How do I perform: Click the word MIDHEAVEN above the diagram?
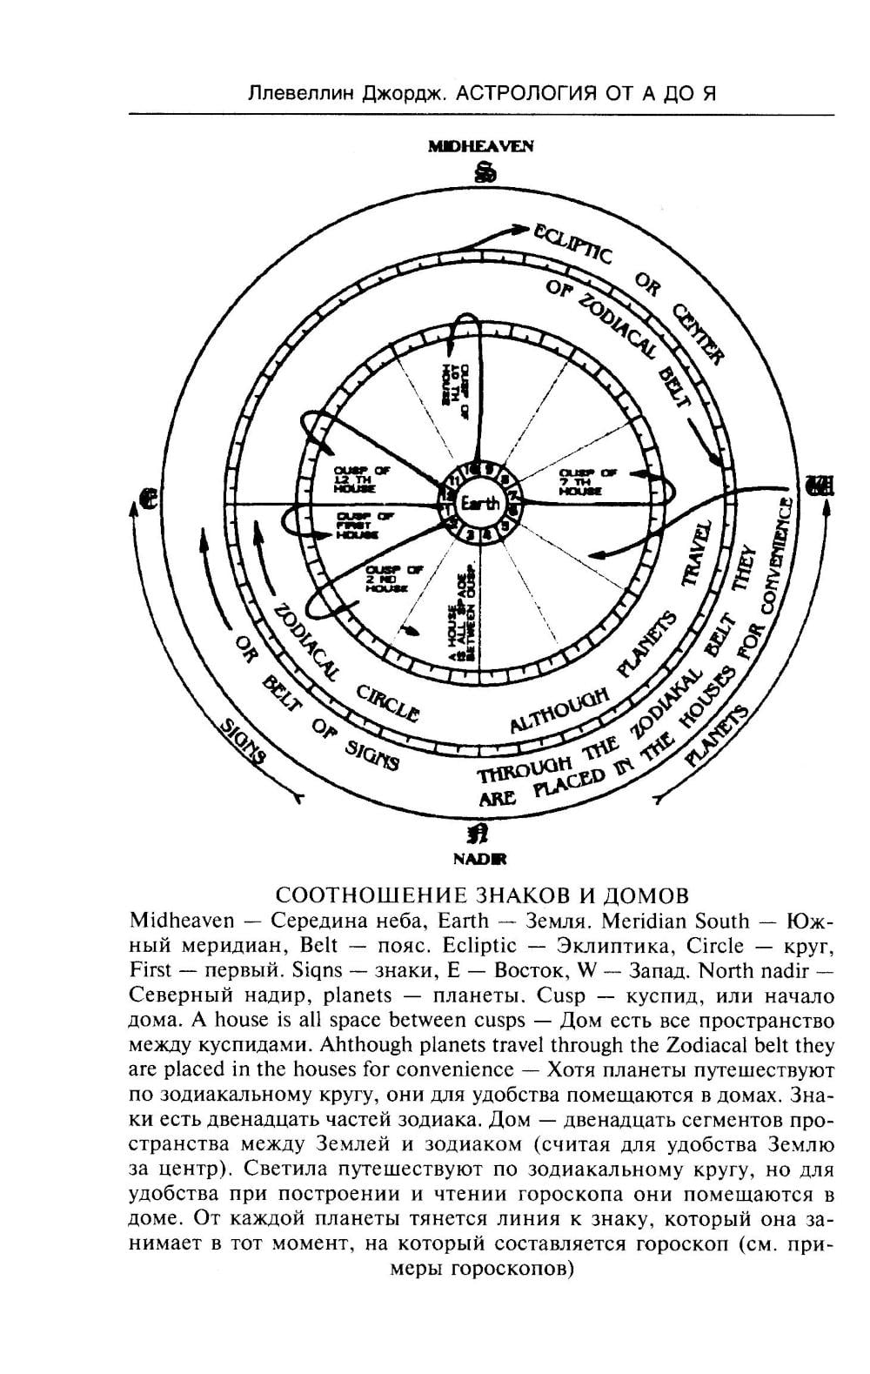[x=480, y=146]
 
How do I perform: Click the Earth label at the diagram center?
[x=480, y=503]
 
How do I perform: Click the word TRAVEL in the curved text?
[x=697, y=554]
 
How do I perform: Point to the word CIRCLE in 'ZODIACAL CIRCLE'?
[x=389, y=702]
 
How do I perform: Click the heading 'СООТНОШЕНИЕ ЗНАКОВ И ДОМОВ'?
[x=482, y=895]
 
